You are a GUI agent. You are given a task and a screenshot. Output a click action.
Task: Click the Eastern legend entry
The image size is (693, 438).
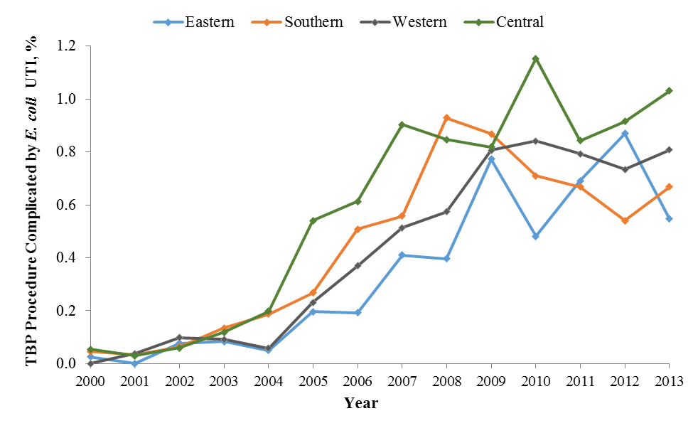[193, 22]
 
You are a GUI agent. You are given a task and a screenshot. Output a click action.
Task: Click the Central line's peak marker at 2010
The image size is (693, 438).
[535, 58]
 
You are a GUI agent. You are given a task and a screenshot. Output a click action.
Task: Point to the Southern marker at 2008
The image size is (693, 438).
[446, 117]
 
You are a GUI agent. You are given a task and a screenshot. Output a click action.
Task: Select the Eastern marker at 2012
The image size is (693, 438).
[624, 133]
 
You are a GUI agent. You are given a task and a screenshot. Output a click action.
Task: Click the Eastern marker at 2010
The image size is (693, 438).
[535, 236]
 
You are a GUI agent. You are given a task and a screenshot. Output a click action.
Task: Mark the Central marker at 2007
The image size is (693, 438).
[402, 124]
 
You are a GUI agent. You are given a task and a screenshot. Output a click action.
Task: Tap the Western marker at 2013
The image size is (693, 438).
[669, 149]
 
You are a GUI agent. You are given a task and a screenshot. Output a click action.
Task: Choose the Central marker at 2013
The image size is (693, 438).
[669, 91]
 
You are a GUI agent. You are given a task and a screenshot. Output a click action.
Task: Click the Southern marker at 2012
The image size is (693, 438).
[624, 220]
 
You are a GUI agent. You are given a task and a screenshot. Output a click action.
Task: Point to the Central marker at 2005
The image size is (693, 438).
[313, 220]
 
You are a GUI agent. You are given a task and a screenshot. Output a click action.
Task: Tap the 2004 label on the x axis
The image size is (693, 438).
[268, 381]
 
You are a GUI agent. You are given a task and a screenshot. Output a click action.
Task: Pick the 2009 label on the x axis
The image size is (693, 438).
[490, 381]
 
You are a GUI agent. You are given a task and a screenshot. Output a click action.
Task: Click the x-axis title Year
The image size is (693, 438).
[361, 403]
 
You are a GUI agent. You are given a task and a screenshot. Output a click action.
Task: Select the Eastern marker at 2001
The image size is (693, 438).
[135, 363]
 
